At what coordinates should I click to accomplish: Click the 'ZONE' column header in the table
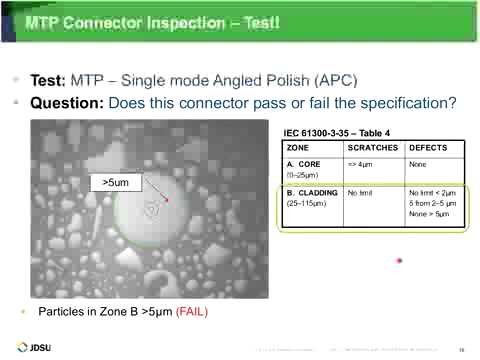tap(297, 147)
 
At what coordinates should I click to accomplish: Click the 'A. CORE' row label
tap(301, 164)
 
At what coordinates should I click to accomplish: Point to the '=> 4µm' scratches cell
tap(358, 164)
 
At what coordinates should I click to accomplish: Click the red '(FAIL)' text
tap(191, 311)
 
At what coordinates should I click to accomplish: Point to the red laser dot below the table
tap(399, 260)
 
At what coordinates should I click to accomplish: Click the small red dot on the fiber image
tap(167, 199)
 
